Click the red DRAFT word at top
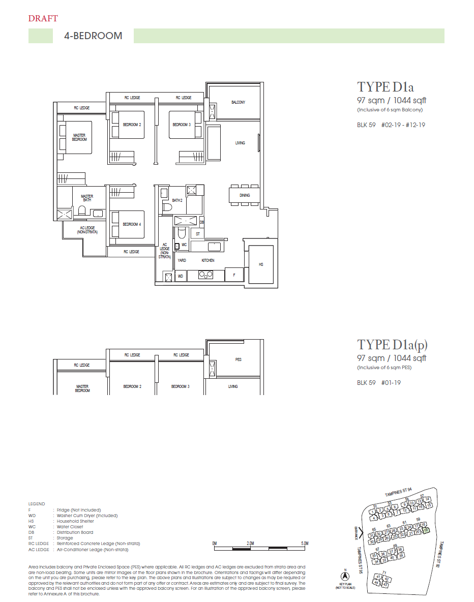(43, 19)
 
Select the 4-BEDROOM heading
(93, 36)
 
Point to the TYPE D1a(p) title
(392, 345)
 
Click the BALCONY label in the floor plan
(238, 102)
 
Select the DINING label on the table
(245, 195)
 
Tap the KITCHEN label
(208, 260)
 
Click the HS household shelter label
(261, 264)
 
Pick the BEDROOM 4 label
(131, 224)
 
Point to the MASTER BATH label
(87, 198)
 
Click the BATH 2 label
(176, 200)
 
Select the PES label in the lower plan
(238, 359)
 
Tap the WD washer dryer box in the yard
(180, 276)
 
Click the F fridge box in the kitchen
(233, 275)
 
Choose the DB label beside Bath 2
(202, 222)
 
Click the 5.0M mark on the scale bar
(304, 544)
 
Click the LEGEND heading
(37, 504)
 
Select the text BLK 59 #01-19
(378, 383)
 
